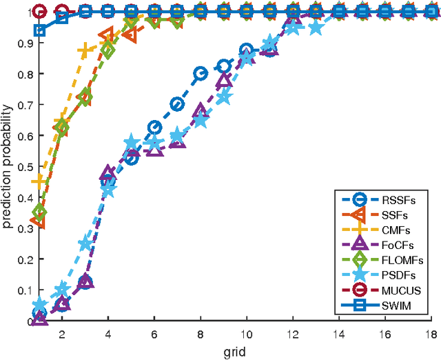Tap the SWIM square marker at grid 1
pos(40,30)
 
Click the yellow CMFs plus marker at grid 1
pos(40,181)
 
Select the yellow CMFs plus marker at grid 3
pos(85,51)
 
